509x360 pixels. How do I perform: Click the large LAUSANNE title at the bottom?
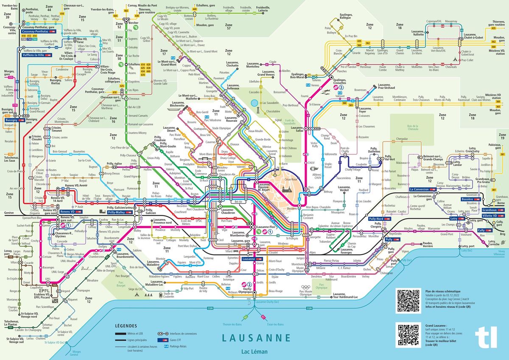pos(256,338)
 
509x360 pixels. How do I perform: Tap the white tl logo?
pos(487,338)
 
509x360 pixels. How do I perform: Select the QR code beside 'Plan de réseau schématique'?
pos(408,301)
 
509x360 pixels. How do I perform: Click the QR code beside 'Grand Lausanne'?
pos(408,335)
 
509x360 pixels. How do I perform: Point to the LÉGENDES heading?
pos(126,326)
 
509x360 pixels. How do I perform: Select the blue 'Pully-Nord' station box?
pos(376,219)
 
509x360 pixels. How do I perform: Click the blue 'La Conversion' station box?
pos(420,189)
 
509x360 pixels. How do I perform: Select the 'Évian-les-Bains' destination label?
pos(276,324)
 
